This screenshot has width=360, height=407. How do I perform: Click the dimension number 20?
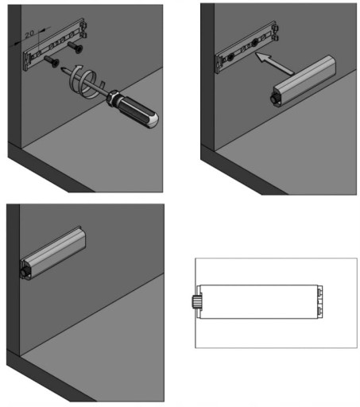pyautogui.click(x=29, y=34)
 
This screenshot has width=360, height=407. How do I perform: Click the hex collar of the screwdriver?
pyautogui.click(x=113, y=98)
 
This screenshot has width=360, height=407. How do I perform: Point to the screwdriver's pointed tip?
pyautogui.click(x=62, y=68)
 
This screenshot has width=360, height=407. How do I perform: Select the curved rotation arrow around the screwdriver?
pyautogui.click(x=85, y=79)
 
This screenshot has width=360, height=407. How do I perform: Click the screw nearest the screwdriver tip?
pyautogui.click(x=52, y=61)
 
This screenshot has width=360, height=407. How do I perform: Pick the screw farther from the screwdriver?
pyautogui.click(x=75, y=47)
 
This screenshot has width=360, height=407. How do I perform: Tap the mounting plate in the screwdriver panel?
pyautogui.click(x=55, y=45)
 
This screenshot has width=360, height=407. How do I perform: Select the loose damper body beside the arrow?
pyautogui.click(x=304, y=80)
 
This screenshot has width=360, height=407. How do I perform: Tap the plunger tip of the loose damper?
pyautogui.click(x=273, y=99)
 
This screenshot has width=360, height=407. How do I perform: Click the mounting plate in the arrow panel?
pyautogui.click(x=246, y=47)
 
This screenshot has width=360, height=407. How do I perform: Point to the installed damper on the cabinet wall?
pyautogui.click(x=53, y=253)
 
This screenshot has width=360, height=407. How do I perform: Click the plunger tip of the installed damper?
pyautogui.click(x=23, y=273)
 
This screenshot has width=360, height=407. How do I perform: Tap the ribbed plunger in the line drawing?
pyautogui.click(x=197, y=302)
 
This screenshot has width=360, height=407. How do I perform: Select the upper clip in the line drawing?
pyautogui.click(x=320, y=292)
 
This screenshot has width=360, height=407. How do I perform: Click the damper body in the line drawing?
pyautogui.click(x=258, y=302)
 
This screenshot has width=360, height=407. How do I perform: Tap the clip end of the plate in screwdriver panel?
pyautogui.click(x=83, y=29)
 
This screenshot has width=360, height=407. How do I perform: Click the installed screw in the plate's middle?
pyautogui.click(x=255, y=42)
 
